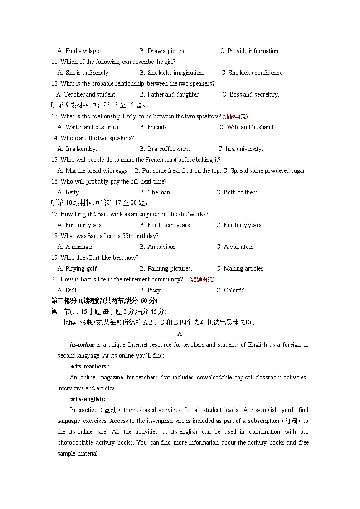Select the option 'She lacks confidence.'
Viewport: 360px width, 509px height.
[256, 73]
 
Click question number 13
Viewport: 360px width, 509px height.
[55, 116]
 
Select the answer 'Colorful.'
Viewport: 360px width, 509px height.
[235, 291]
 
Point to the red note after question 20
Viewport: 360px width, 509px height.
[202, 280]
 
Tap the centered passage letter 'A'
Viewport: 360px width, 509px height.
[180, 334]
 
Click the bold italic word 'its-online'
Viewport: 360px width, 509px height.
[82, 345]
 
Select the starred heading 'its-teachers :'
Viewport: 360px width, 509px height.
[90, 367]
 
